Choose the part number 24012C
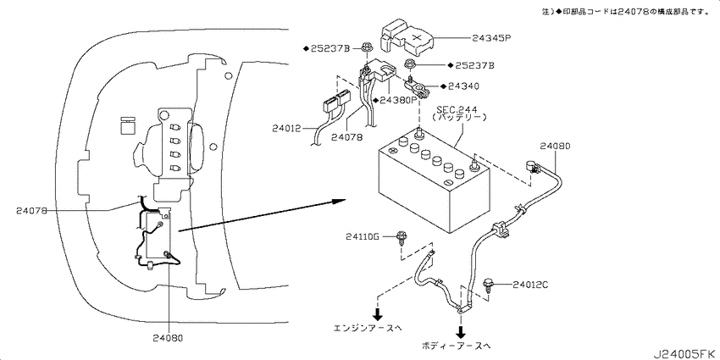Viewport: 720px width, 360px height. tap(530, 285)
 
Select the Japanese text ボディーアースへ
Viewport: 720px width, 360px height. tap(455, 346)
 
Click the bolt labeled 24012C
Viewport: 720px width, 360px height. tap(489, 285)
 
